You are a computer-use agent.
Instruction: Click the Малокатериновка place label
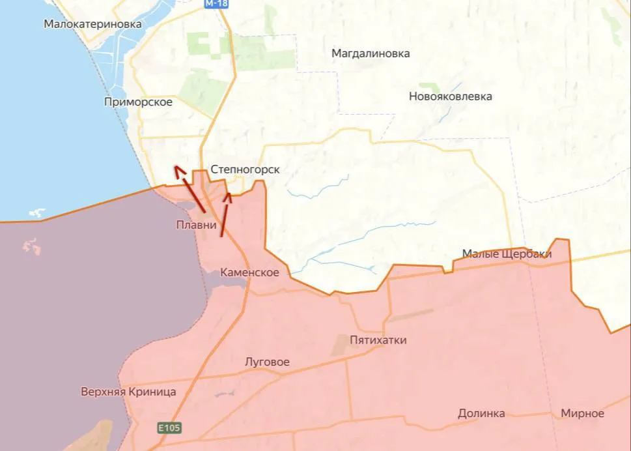click(92, 24)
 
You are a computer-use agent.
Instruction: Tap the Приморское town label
click(138, 102)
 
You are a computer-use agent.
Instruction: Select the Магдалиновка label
click(371, 53)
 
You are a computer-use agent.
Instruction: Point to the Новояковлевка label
click(450, 96)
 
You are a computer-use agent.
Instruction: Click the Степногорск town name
click(245, 169)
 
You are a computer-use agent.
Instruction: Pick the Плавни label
click(196, 225)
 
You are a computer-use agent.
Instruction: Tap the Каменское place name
click(249, 272)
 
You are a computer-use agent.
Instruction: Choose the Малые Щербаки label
click(507, 254)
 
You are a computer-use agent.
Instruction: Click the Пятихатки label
click(378, 340)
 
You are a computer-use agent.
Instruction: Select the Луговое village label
click(267, 362)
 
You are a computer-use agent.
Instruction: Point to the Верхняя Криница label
click(128, 392)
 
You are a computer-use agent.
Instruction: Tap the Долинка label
click(481, 413)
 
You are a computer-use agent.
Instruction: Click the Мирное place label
click(582, 413)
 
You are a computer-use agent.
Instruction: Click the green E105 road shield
click(169, 428)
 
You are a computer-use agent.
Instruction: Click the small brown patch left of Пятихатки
click(341, 345)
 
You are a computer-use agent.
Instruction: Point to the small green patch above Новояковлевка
click(428, 86)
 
